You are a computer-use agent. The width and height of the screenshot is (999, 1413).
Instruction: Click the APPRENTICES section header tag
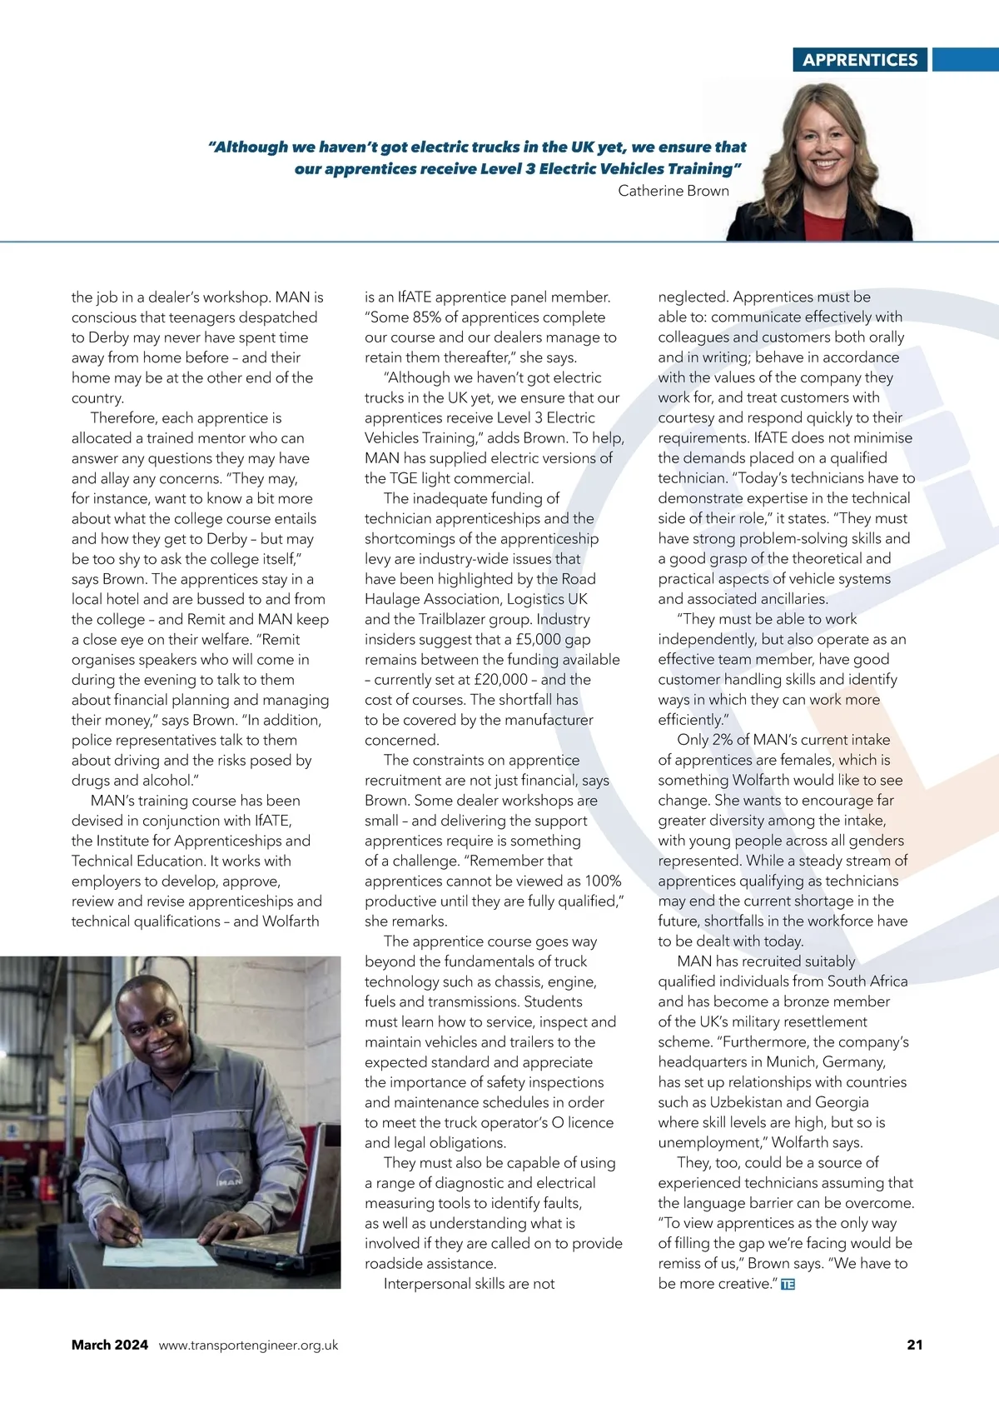[860, 60]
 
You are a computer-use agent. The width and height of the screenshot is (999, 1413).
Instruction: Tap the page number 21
[914, 1345]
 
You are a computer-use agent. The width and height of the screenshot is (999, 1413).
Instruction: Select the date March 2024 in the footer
[110, 1345]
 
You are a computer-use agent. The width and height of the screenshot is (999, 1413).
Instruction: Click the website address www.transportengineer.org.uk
[248, 1345]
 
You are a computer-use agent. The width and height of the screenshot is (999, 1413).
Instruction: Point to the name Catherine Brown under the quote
[673, 191]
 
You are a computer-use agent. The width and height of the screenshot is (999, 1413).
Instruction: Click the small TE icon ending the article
[788, 1285]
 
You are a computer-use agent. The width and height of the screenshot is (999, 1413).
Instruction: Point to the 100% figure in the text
[603, 881]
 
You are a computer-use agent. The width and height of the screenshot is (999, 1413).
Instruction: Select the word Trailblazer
[452, 620]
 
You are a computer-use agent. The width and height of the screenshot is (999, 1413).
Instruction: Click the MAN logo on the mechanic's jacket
[230, 1181]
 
